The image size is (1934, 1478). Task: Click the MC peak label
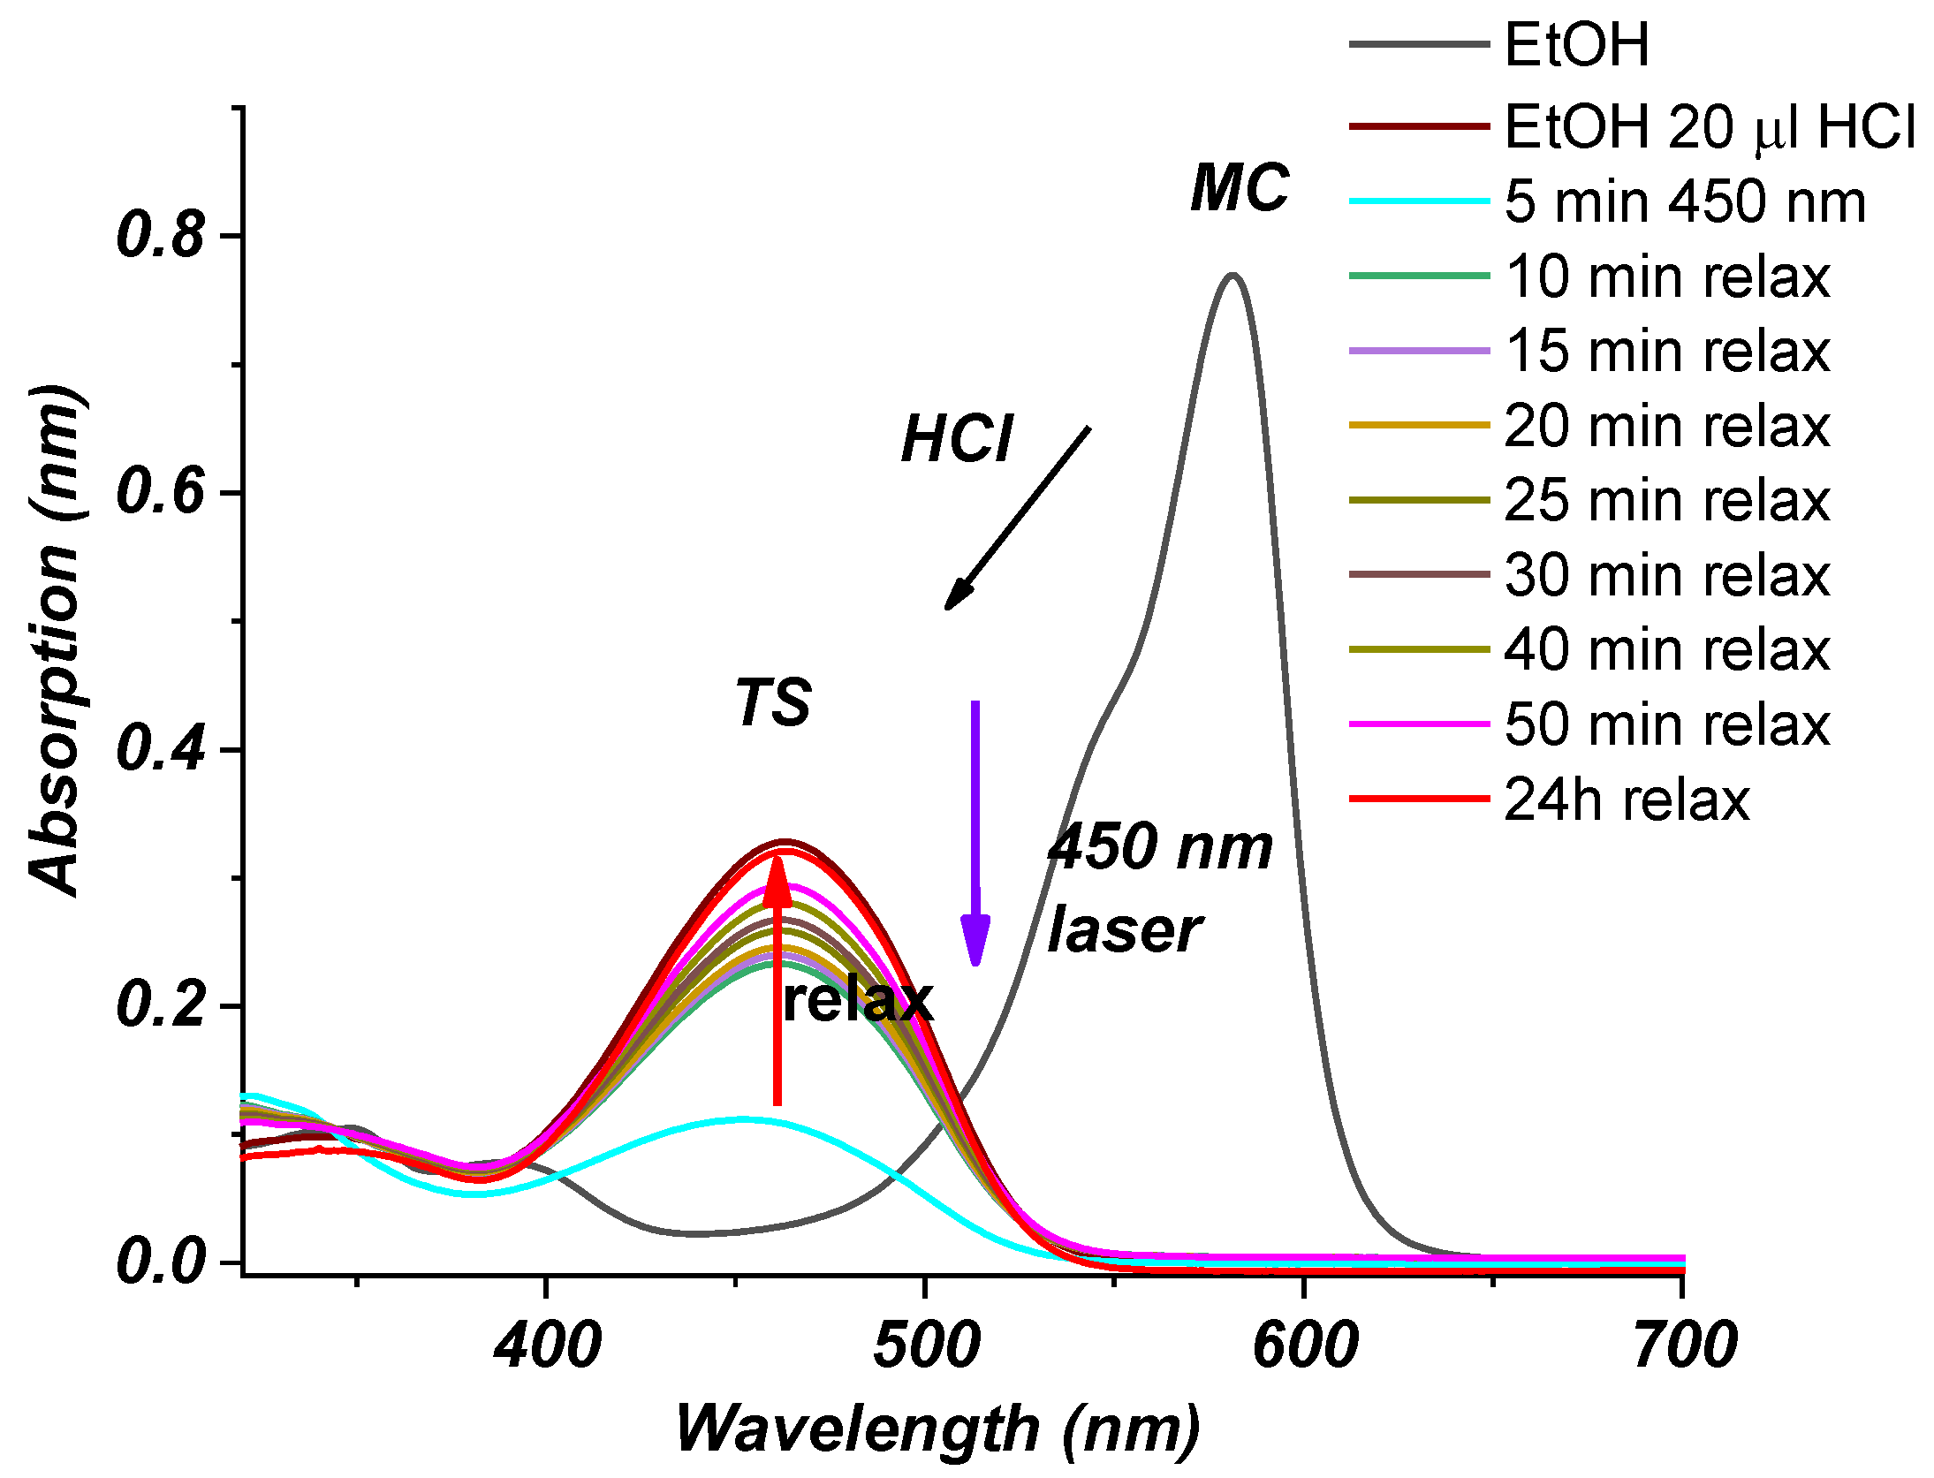click(x=1239, y=188)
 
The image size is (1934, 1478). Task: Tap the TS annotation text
click(x=773, y=703)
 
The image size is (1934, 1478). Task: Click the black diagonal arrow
click(x=1018, y=518)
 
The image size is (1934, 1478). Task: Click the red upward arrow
click(x=777, y=981)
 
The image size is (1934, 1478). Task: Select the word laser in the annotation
click(x=1124, y=932)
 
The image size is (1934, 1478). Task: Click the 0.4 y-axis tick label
click(x=161, y=750)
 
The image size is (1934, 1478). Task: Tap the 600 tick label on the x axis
click(x=1305, y=1345)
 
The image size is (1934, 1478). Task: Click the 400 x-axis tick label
click(x=548, y=1345)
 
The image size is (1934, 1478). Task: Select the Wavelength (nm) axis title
click(x=937, y=1429)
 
